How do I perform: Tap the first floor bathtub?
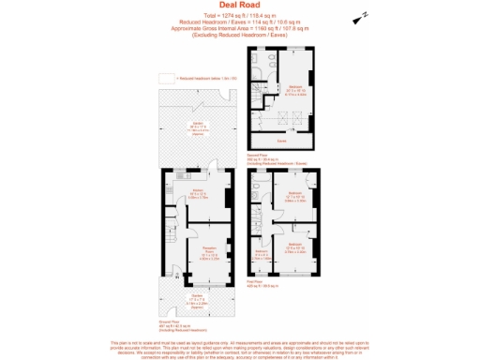pyautogui.click(x=258, y=201)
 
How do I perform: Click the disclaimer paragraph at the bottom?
pyautogui.click(x=240, y=349)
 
